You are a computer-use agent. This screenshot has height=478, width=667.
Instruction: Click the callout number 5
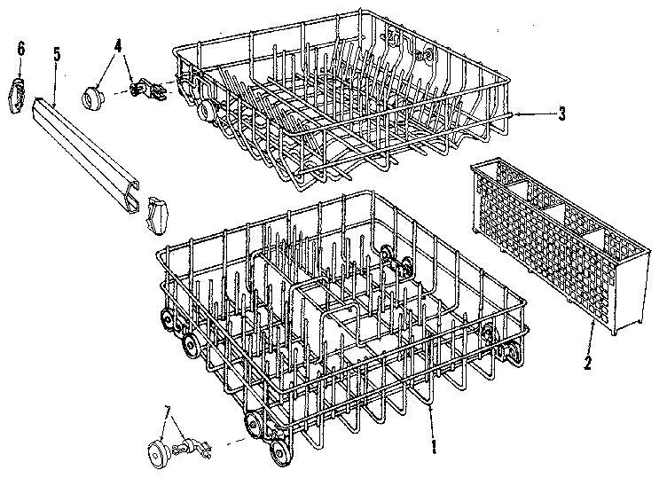pos(56,55)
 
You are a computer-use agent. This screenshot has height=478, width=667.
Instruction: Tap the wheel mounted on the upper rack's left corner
pos(207,113)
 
